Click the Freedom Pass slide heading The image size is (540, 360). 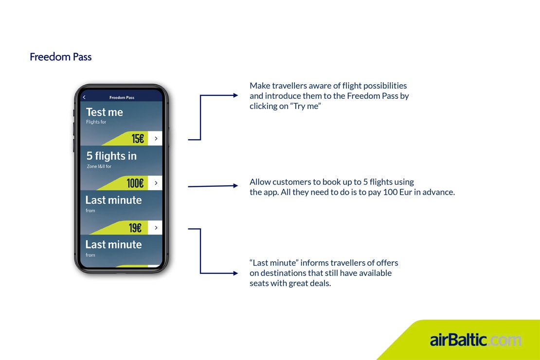60,57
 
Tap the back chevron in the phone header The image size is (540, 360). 84,97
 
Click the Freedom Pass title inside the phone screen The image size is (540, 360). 122,98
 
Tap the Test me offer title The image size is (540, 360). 104,112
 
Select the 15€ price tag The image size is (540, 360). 138,139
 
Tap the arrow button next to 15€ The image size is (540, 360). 156,139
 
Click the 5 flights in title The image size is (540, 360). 111,156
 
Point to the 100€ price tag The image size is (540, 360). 135,183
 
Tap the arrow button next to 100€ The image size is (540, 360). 156,183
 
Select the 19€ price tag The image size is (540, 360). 135,228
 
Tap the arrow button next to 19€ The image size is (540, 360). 156,228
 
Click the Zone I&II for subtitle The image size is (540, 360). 99,166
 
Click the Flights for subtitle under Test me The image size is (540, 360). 96,122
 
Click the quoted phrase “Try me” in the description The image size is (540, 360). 306,106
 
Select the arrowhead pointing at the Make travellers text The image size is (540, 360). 235,96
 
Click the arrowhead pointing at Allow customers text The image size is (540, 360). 235,185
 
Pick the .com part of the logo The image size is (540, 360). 504,340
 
